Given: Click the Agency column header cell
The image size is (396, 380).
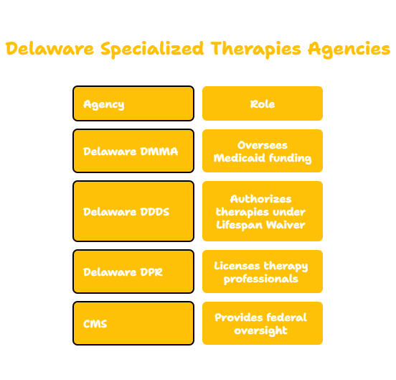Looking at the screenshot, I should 133,104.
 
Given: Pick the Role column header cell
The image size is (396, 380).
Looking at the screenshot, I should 263,104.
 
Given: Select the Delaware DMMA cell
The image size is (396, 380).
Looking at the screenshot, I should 133,152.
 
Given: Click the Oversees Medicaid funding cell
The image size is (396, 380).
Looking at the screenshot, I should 263,152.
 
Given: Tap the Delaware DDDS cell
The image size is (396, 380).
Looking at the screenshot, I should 133,211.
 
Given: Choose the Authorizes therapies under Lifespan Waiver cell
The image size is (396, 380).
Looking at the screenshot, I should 263,211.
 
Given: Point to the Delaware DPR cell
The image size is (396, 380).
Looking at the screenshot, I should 133,272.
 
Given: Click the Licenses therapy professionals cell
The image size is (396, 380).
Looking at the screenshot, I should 263,272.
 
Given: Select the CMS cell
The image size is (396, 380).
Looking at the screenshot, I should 133,324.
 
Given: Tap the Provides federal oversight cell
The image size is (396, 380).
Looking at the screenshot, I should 263,324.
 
